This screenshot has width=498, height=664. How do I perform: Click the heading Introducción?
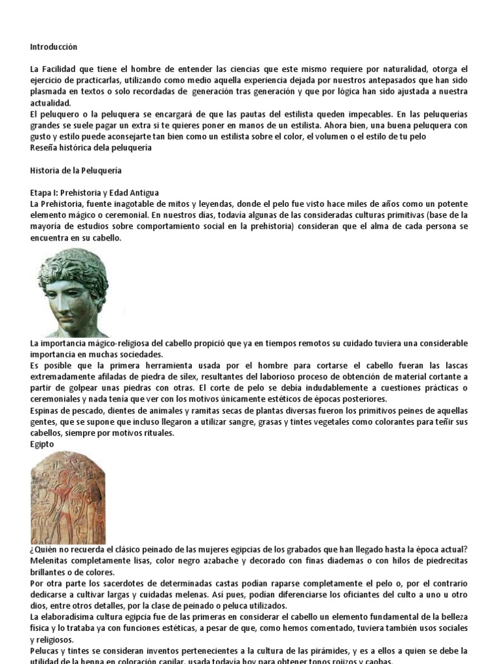[x=54, y=47]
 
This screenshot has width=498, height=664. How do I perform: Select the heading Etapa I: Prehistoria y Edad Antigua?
[x=94, y=193]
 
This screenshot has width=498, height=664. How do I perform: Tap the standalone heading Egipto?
[x=42, y=443]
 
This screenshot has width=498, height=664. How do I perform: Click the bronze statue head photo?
[x=73, y=291]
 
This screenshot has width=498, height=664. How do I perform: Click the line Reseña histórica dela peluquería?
[x=91, y=148]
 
